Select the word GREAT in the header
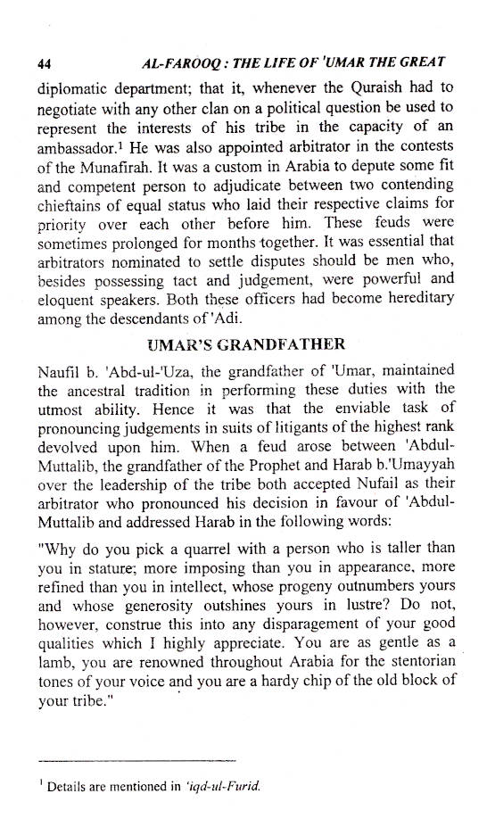pyautogui.click(x=421, y=64)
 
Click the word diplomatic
pyautogui.click(x=73, y=88)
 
